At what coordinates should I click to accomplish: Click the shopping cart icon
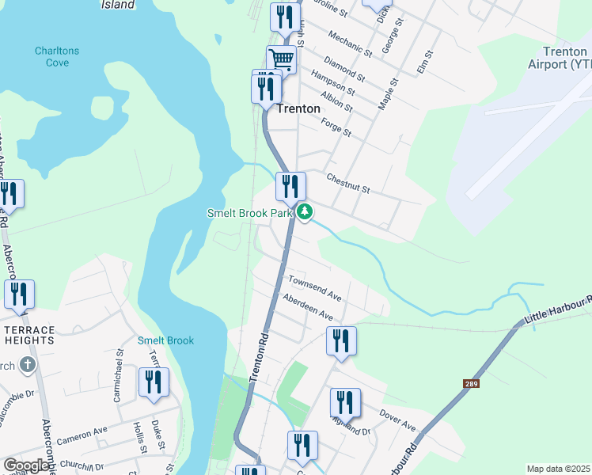[281, 59]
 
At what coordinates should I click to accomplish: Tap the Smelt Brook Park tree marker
[305, 212]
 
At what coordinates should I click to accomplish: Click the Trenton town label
[298, 108]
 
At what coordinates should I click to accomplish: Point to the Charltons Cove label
[57, 56]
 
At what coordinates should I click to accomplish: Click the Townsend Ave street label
[314, 287]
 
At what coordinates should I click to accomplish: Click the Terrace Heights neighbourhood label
[28, 335]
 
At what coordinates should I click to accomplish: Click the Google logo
[26, 465]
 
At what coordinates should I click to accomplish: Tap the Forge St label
[336, 125]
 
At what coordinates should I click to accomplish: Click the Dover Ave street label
[397, 420]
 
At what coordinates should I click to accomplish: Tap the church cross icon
[28, 365]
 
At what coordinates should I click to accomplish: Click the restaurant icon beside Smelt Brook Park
[290, 187]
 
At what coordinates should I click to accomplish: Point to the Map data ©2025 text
[558, 469]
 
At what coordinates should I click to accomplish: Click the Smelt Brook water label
[165, 340]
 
